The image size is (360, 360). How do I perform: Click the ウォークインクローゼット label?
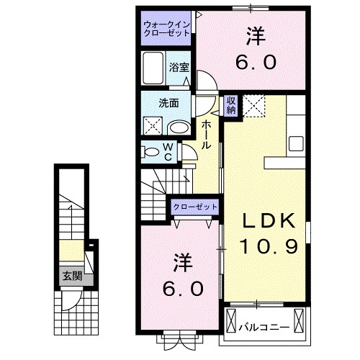[166, 27]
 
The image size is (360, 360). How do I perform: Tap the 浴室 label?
[179, 67]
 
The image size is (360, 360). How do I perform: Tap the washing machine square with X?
[153, 125]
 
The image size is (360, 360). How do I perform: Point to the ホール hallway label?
[206, 135]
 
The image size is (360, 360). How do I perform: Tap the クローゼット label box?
[194, 207]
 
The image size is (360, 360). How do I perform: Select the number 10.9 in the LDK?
[264, 247]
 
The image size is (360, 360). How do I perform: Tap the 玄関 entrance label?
[70, 274]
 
